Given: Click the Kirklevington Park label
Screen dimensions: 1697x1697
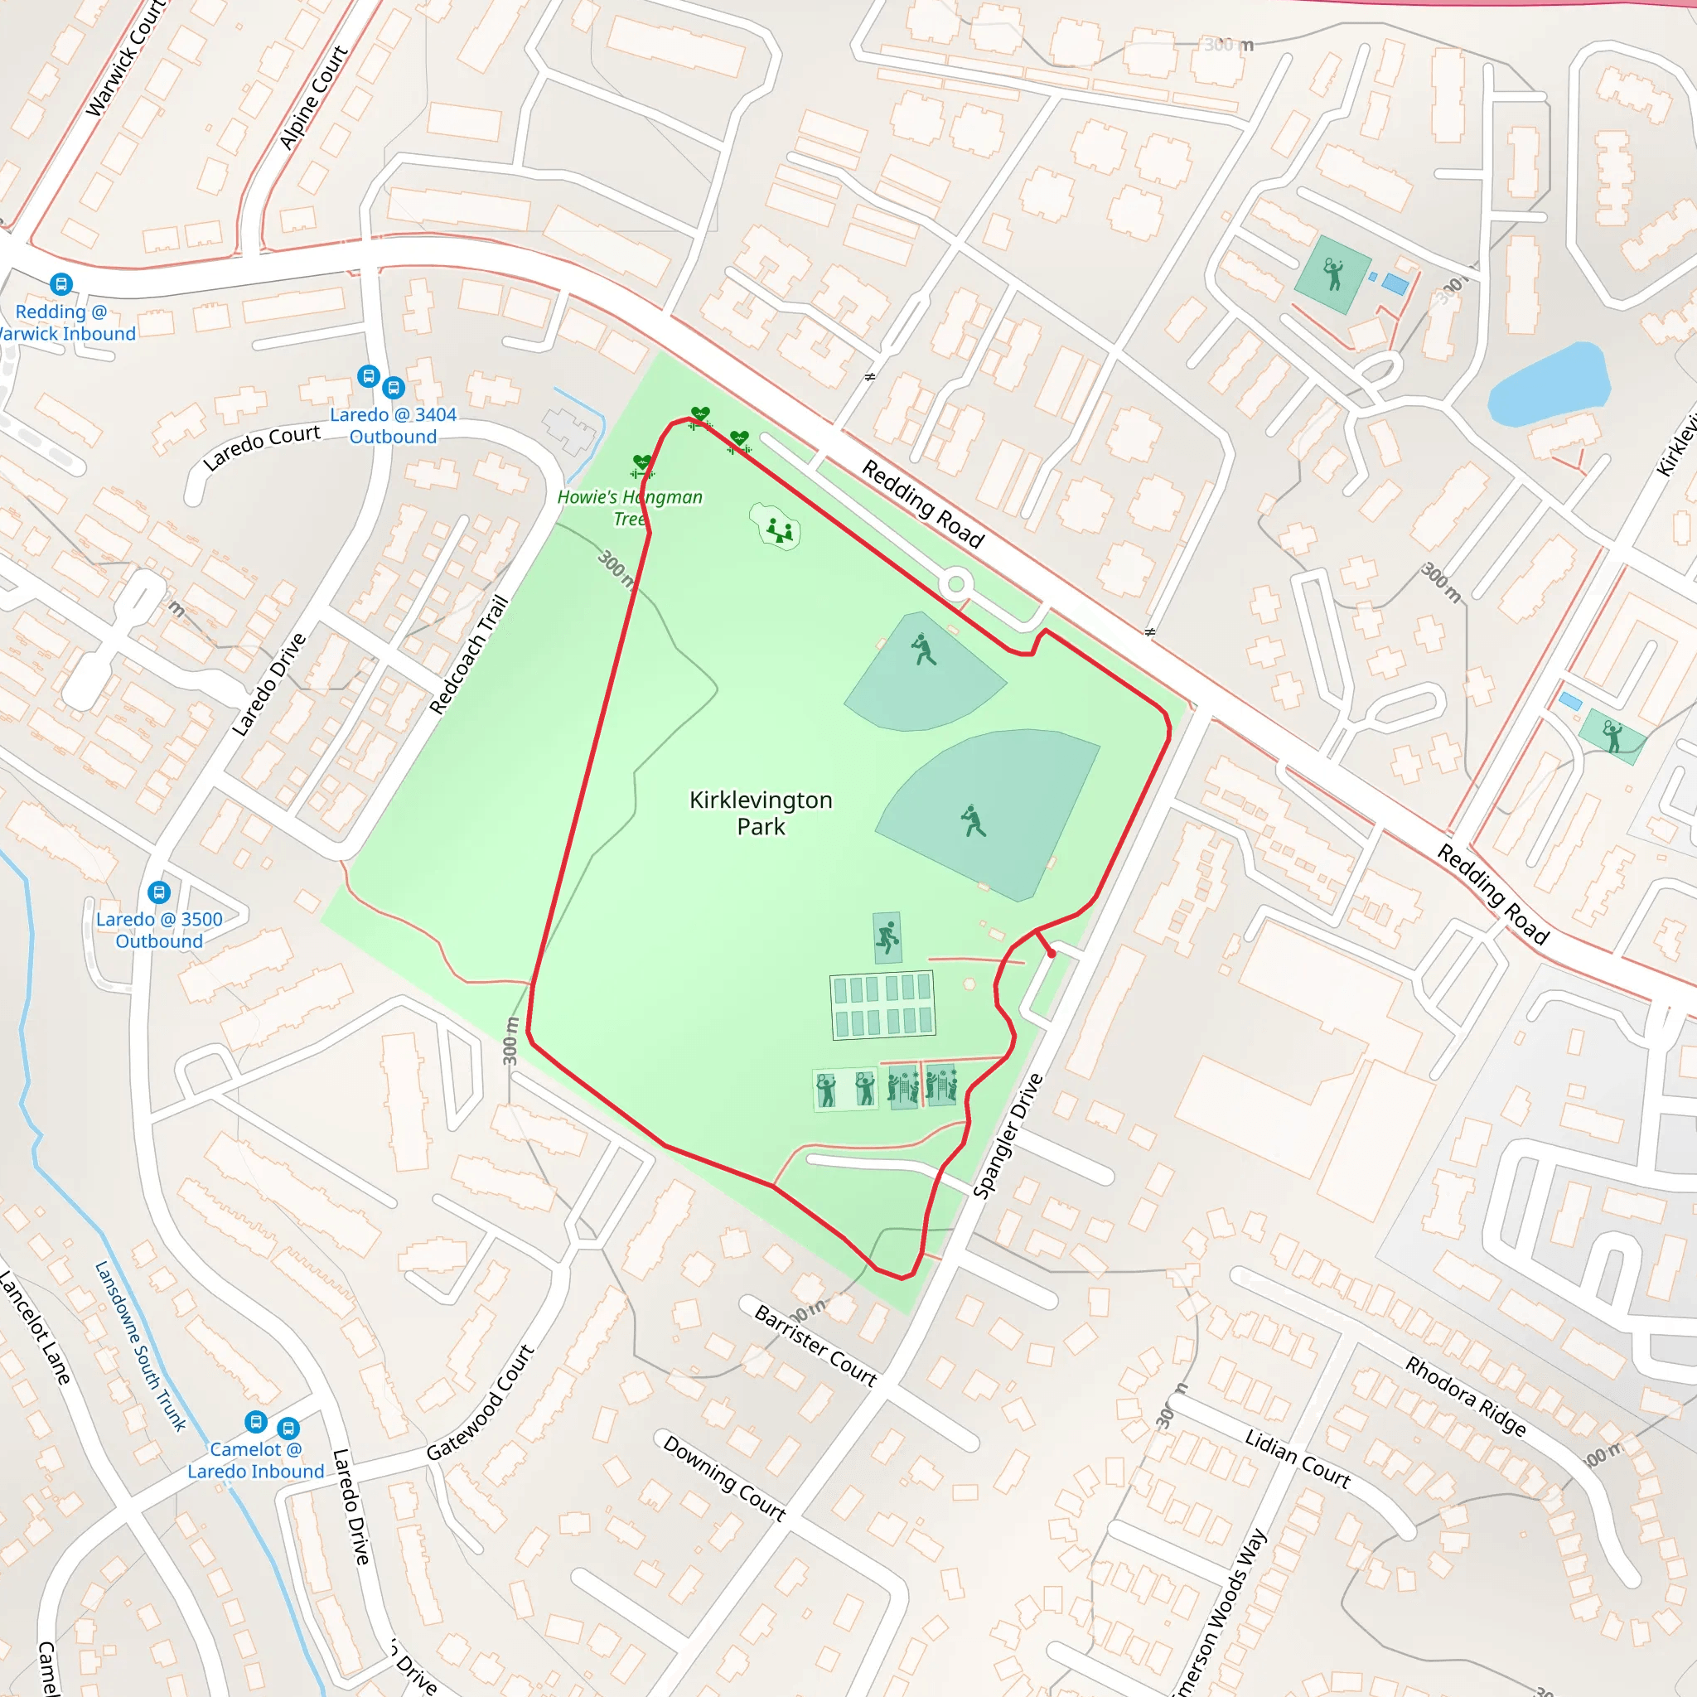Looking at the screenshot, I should tap(761, 813).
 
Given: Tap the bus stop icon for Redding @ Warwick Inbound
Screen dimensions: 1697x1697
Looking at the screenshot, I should tap(60, 283).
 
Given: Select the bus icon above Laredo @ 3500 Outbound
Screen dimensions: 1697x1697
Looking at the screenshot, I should tap(159, 892).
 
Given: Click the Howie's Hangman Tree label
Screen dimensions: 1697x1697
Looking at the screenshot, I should tap(630, 507).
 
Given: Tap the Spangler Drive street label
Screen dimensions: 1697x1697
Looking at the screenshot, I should tap(1008, 1135).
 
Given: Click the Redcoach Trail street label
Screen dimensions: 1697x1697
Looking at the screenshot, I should tap(469, 655).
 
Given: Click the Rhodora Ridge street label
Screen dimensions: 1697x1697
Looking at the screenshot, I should tap(1465, 1395).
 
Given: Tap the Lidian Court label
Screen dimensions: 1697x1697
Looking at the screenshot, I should tap(1298, 1458).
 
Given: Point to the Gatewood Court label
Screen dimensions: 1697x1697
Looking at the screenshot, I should tap(481, 1403).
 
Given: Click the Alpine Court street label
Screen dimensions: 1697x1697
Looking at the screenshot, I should tap(312, 98).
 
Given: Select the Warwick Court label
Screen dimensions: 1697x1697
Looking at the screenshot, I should tap(125, 58).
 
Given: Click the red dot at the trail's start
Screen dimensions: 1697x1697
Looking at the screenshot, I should tap(1052, 953).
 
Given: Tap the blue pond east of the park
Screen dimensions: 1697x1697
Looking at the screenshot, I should tap(1550, 384).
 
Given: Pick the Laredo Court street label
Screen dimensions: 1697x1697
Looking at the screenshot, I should tap(261, 447).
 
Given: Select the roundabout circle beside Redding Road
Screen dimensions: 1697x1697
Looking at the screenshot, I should tap(955, 583).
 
